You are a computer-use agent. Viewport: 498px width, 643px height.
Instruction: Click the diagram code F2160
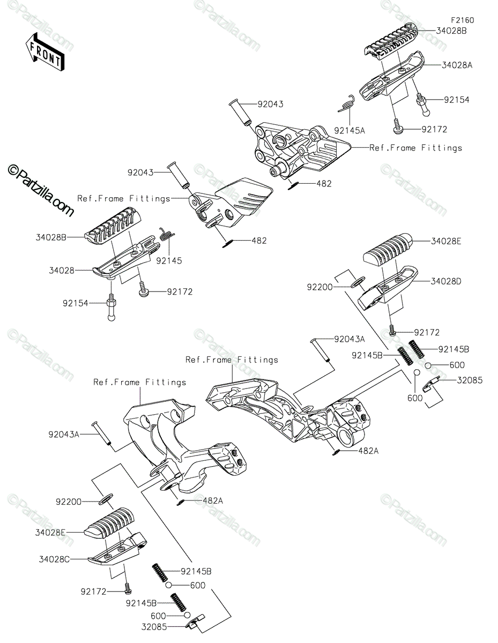pyautogui.click(x=462, y=20)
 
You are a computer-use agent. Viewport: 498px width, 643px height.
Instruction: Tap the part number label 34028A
pyautogui.click(x=457, y=65)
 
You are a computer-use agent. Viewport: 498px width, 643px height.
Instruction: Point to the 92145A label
pyautogui.click(x=350, y=131)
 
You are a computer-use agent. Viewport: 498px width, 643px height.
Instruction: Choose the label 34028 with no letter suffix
pyautogui.click(x=62, y=270)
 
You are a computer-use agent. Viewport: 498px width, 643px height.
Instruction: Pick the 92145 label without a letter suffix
pyautogui.click(x=169, y=261)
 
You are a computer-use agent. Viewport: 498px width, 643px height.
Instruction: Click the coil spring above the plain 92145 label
pyautogui.click(x=167, y=234)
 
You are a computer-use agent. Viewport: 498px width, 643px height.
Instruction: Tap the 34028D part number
pyautogui.click(x=445, y=281)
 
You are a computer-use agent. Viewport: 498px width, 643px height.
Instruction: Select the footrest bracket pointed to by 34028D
pyautogui.click(x=388, y=287)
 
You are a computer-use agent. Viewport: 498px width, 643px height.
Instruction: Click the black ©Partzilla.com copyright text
pyautogui.click(x=41, y=191)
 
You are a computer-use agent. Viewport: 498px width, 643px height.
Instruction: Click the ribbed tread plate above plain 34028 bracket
pyautogui.click(x=113, y=226)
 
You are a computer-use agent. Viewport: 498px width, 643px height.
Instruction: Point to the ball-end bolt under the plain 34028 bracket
pyautogui.click(x=112, y=307)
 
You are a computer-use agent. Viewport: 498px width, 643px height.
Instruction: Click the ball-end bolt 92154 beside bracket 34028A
pyautogui.click(x=422, y=104)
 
